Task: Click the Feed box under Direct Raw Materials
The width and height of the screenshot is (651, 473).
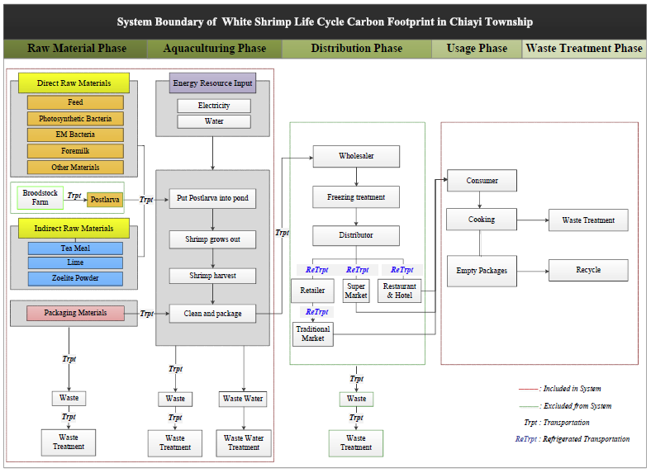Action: (x=75, y=102)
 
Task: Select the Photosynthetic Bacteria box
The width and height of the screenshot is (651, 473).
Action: (x=75, y=118)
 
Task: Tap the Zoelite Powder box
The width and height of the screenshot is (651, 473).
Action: (x=75, y=278)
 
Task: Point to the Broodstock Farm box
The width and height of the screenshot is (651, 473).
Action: (x=40, y=198)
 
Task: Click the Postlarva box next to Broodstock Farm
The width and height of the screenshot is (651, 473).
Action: (x=105, y=199)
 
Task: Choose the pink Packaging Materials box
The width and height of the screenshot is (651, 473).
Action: (x=75, y=313)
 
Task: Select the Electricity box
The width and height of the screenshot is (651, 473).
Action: (x=214, y=106)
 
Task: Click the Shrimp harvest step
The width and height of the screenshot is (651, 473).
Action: (x=213, y=276)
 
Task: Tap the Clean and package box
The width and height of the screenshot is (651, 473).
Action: (x=213, y=314)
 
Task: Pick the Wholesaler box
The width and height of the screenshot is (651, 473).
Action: (x=356, y=156)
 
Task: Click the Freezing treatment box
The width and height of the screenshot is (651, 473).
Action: (x=356, y=196)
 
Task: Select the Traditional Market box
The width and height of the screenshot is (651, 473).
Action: (x=313, y=333)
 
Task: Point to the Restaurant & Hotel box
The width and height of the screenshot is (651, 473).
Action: (x=400, y=291)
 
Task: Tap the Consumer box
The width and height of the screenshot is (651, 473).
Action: (x=482, y=181)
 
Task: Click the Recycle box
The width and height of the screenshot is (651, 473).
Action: (x=588, y=270)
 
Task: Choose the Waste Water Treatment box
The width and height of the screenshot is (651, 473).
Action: (x=244, y=442)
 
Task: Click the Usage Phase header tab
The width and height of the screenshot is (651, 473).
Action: (x=477, y=49)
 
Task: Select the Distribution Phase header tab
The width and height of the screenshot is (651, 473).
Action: (x=357, y=49)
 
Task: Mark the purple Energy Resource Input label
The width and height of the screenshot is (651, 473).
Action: (x=213, y=83)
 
